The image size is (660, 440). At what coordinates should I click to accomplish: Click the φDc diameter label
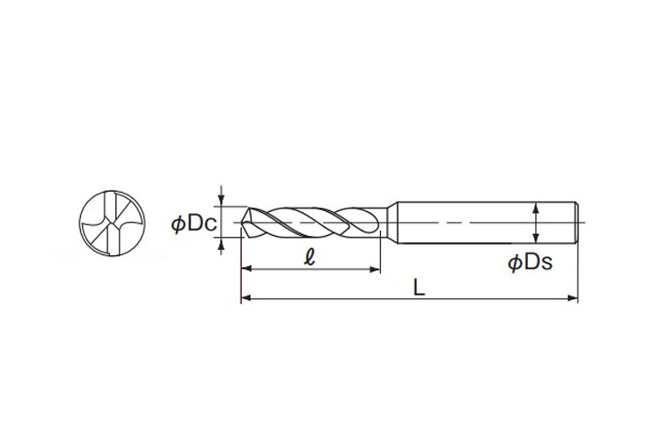point(194,224)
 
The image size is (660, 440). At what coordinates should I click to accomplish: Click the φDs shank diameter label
point(530,263)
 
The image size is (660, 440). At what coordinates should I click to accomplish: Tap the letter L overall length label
point(419,288)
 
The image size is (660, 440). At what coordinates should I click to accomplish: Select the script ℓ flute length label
point(310,257)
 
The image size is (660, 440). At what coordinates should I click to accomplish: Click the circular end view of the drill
point(112,223)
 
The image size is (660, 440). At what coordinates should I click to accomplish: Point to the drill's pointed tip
point(242,223)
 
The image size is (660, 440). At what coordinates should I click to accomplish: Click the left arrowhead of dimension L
point(246,298)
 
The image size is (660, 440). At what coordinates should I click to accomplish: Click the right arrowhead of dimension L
point(573,298)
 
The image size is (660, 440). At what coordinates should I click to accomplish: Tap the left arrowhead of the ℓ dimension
point(246,269)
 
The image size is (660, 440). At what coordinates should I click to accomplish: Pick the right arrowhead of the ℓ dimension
point(375,269)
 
